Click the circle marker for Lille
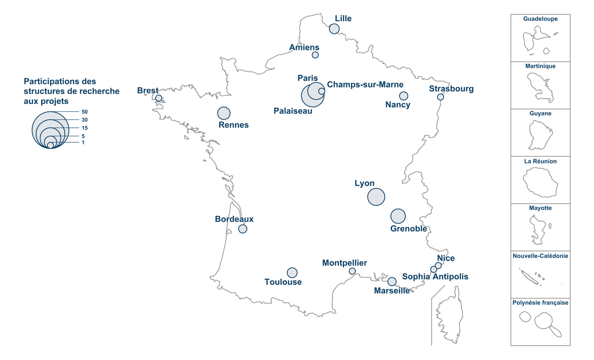coord(334,29)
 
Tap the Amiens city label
coord(304,48)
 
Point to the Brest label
coord(148,91)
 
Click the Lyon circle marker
coord(376,197)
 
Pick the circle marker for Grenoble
coord(398,216)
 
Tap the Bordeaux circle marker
coord(243,229)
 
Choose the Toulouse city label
coord(283,282)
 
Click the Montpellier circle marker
coord(352,271)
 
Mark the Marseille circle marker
coord(392,281)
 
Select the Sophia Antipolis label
coord(435,276)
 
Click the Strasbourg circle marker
coord(441,97)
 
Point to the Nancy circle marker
coord(403,96)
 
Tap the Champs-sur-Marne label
coord(365,85)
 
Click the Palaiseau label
coord(293,111)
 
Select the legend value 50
coord(85,112)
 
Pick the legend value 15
coord(85,128)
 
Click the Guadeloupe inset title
coord(541,19)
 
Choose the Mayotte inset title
coord(541,208)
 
